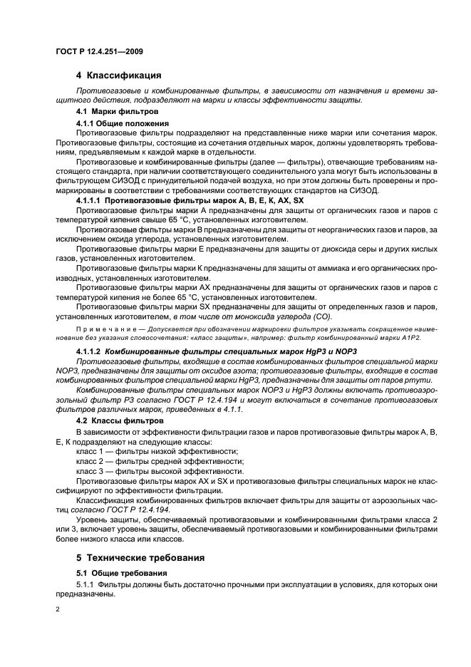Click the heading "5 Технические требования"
[140, 557]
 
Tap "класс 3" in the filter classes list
[91, 472]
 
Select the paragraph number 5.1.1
[86, 585]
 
